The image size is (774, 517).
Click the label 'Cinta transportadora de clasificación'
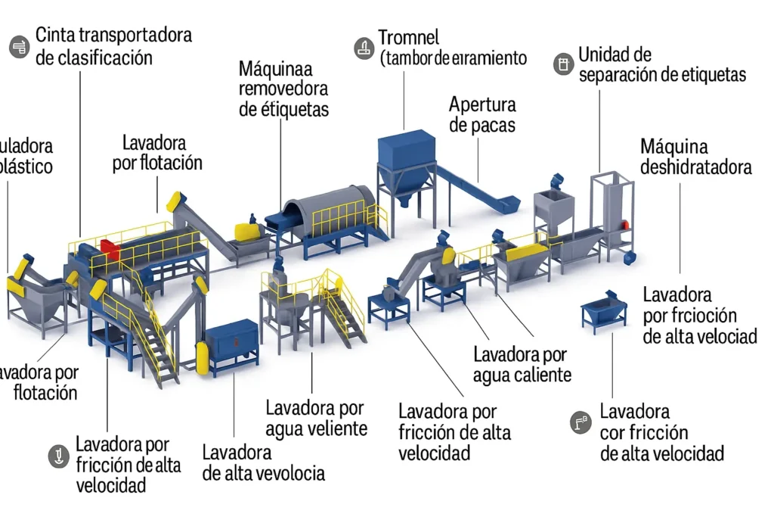[x=113, y=45]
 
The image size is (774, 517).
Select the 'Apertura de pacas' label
[x=482, y=114]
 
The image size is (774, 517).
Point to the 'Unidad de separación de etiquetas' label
[x=661, y=64]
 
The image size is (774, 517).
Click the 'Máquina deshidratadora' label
[x=695, y=156]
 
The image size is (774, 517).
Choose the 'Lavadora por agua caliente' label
[x=522, y=364]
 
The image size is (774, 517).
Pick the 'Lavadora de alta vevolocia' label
[x=263, y=462]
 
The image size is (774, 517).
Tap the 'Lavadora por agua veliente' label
[x=316, y=418]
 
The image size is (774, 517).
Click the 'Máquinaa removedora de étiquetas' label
[x=283, y=89]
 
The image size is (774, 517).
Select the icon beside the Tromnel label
[x=364, y=48]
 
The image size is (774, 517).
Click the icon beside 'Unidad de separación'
[x=562, y=64]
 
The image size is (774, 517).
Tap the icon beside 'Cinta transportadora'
[x=18, y=47]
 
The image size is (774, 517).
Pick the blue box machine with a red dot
[x=232, y=344]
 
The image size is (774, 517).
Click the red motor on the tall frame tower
[x=625, y=223]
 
